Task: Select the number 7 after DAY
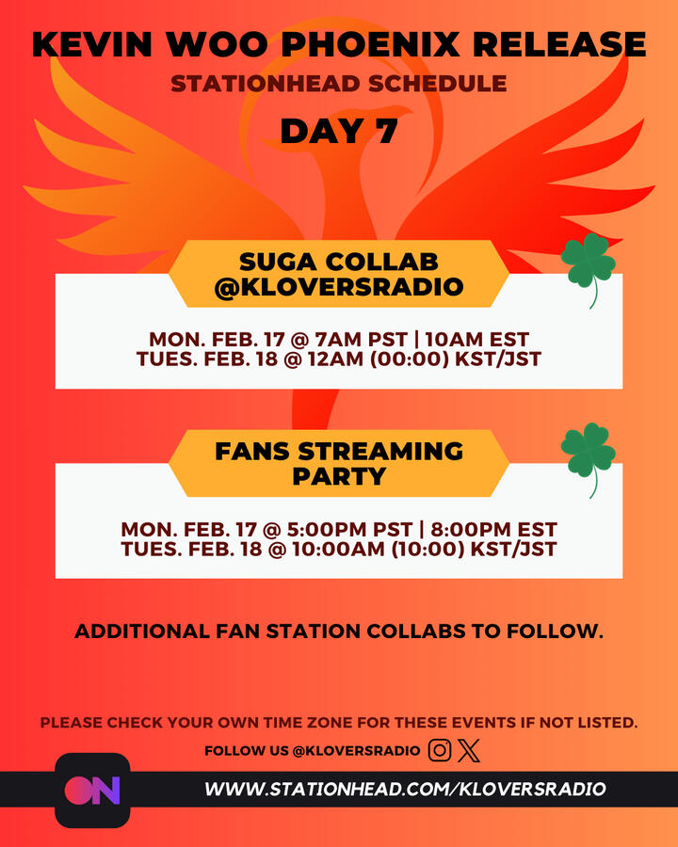click(381, 131)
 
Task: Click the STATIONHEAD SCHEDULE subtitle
click(339, 84)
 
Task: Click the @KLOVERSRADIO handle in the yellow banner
click(339, 287)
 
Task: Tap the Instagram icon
click(440, 750)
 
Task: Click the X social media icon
click(470, 750)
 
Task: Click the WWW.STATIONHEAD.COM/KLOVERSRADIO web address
click(405, 789)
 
